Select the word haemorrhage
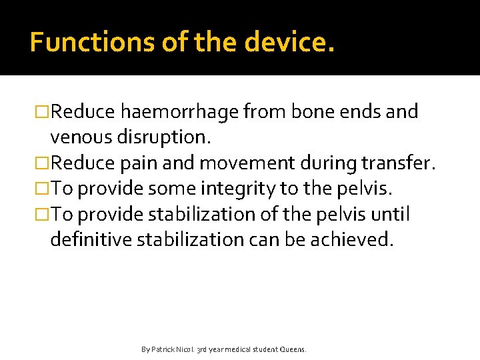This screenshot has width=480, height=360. [179, 112]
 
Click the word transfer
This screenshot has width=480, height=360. [399, 163]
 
